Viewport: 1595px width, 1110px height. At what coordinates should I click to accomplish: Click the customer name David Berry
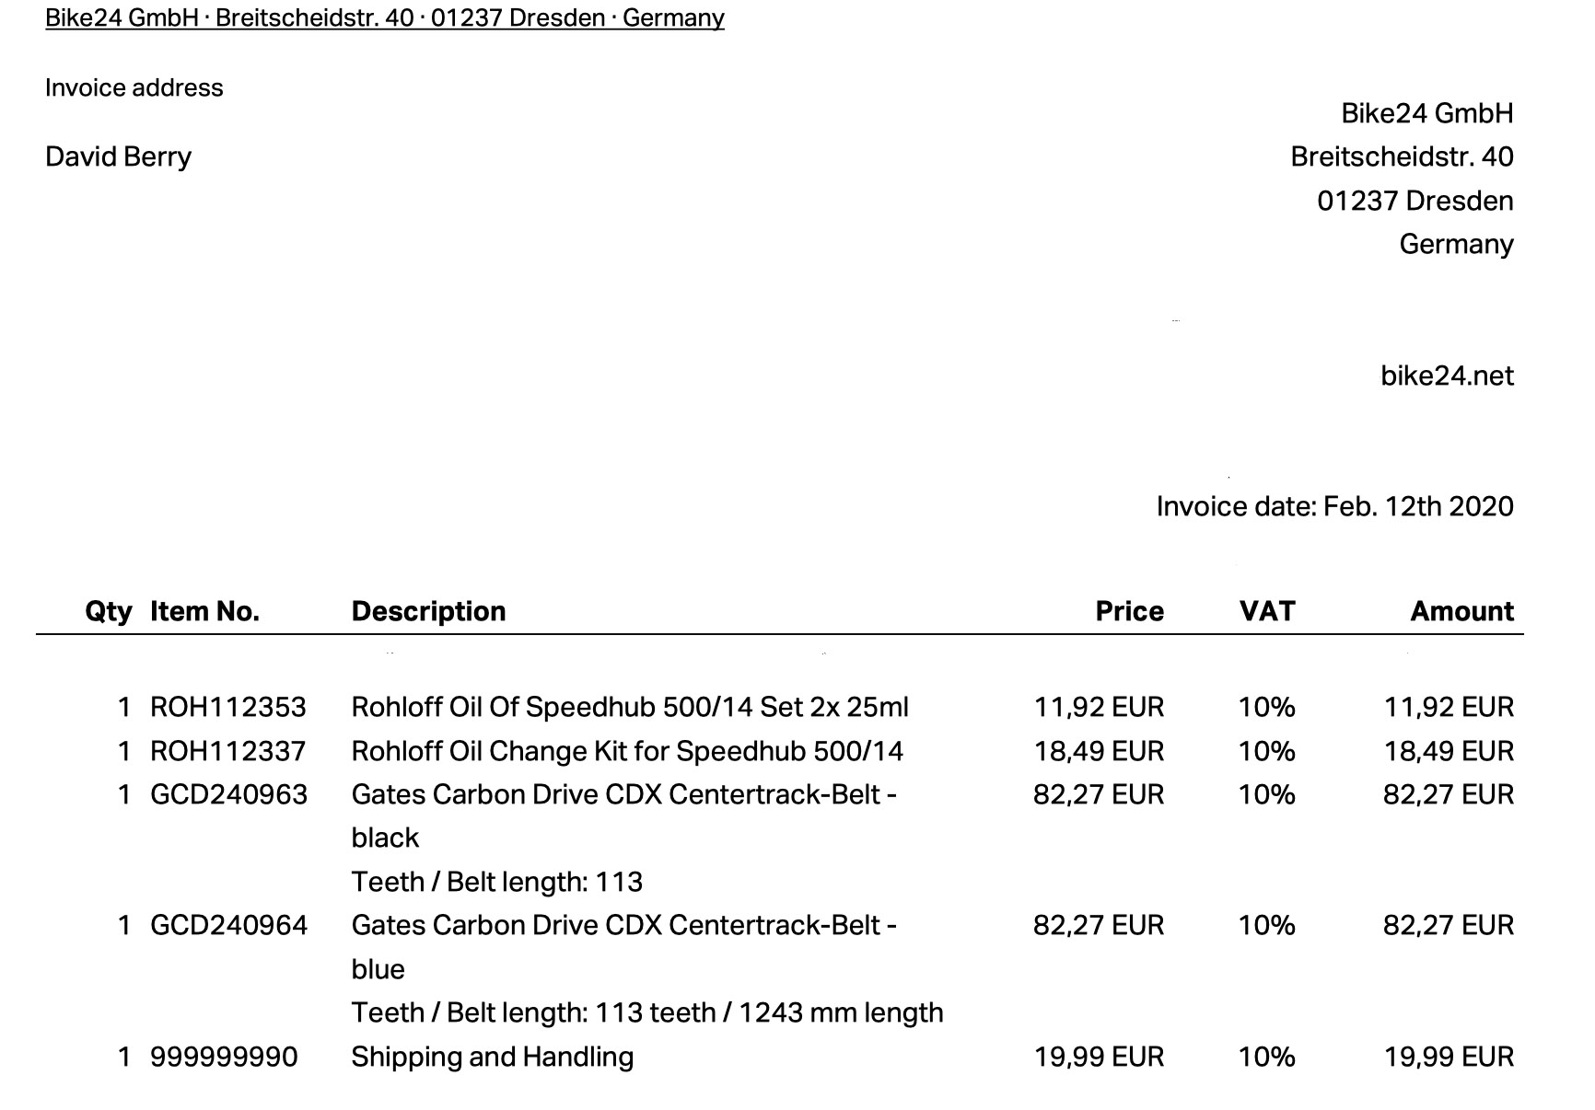point(118,156)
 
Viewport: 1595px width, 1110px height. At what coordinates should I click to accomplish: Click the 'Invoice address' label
point(134,87)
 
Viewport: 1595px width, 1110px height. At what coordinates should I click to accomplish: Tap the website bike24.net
point(1446,376)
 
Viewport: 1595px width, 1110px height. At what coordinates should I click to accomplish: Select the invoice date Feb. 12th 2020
point(1417,506)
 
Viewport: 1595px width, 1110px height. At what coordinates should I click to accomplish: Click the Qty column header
point(108,611)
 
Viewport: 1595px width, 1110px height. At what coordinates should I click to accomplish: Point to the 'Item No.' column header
point(204,611)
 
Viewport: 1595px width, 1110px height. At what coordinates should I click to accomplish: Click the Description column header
point(428,611)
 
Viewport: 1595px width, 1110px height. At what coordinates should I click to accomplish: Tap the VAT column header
point(1266,611)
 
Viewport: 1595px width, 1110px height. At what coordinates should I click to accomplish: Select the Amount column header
point(1461,611)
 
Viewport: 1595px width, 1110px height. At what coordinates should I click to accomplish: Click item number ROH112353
point(227,707)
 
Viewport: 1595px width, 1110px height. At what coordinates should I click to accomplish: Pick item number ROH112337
point(227,751)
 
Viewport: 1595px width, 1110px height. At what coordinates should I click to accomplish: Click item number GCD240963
point(228,794)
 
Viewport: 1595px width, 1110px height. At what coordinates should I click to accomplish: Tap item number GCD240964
point(228,925)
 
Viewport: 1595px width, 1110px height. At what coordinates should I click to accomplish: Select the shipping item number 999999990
point(224,1057)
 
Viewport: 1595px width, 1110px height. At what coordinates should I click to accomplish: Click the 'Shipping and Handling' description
point(492,1057)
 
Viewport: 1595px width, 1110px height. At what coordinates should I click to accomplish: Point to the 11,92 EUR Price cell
point(1098,707)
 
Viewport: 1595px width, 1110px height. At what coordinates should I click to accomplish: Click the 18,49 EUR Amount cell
point(1448,751)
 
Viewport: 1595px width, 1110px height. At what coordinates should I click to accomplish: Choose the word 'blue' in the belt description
point(378,969)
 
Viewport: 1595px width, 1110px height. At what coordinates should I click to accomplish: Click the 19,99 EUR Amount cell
point(1448,1057)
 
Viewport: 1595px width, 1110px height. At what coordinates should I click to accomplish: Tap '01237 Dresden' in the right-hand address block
point(1415,201)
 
